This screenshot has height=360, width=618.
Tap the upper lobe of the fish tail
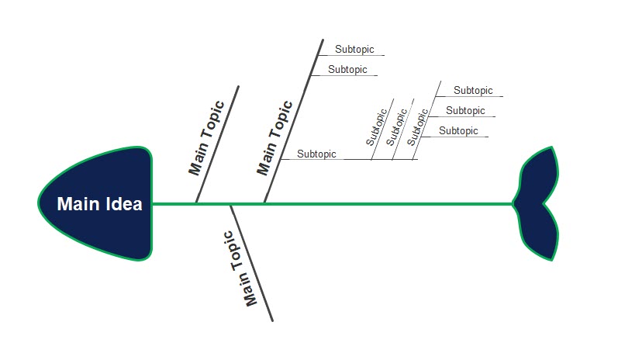(x=543, y=175)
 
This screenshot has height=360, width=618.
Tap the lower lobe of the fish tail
(x=543, y=234)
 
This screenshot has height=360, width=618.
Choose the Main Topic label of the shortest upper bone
(x=205, y=137)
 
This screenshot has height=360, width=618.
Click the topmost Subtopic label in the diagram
(x=354, y=50)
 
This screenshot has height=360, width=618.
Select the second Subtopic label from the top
(x=347, y=70)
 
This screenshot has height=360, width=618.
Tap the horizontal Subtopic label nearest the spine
(x=316, y=154)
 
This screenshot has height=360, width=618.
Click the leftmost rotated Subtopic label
(x=375, y=128)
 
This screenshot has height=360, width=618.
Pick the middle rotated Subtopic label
(x=395, y=127)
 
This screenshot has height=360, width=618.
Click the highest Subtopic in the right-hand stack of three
(x=473, y=91)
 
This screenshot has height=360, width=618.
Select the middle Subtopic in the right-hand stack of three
(x=465, y=111)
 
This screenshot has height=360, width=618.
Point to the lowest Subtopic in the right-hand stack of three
(x=458, y=131)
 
